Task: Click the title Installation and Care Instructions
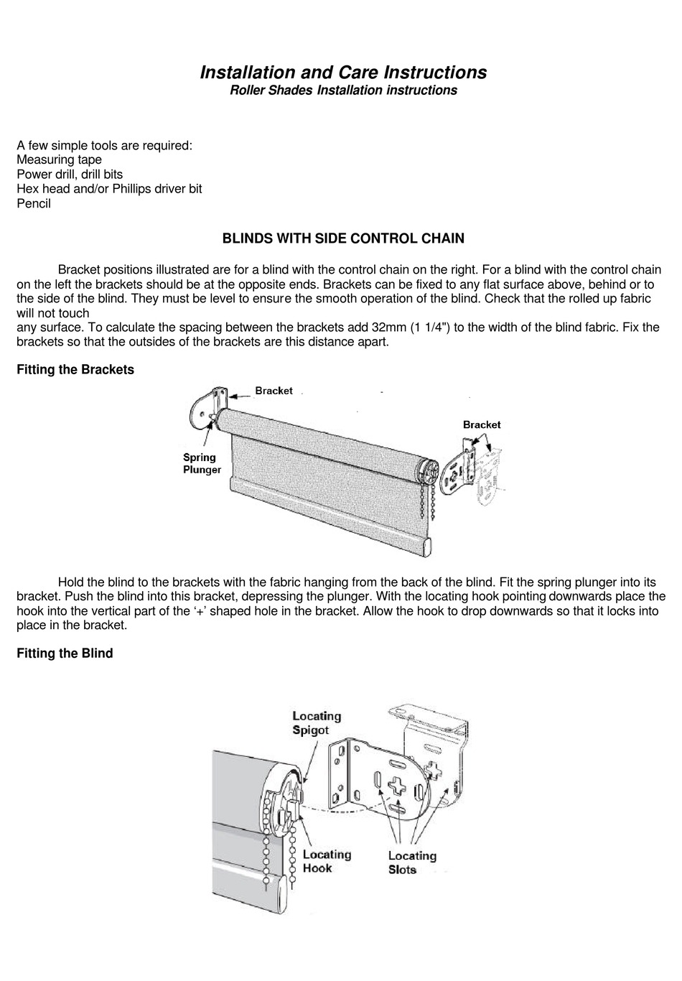pyautogui.click(x=342, y=73)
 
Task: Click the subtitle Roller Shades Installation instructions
pyautogui.click(x=342, y=90)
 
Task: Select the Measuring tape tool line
pyautogui.click(x=59, y=159)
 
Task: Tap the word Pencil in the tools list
pyautogui.click(x=34, y=203)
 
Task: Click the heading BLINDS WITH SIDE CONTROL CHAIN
pyautogui.click(x=343, y=238)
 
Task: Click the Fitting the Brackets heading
pyautogui.click(x=75, y=370)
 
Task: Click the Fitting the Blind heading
pyautogui.click(x=65, y=654)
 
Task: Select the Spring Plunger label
pyautogui.click(x=200, y=463)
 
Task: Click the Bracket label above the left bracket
pyautogui.click(x=274, y=391)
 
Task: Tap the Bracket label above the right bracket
pyautogui.click(x=482, y=424)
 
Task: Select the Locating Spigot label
pyautogui.click(x=316, y=722)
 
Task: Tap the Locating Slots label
pyautogui.click(x=412, y=863)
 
